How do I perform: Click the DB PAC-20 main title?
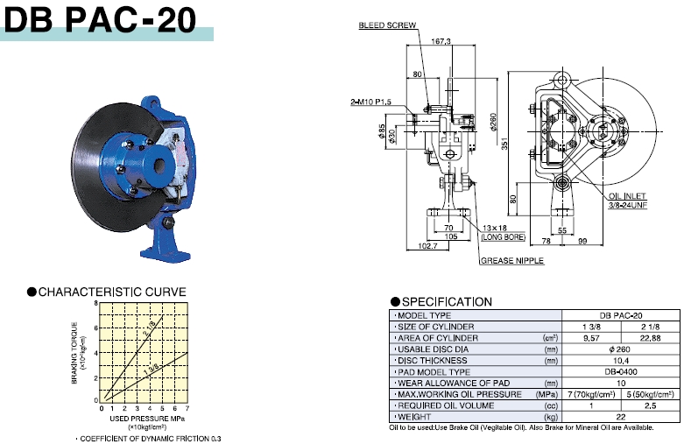[100, 19]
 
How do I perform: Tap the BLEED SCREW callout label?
[387, 25]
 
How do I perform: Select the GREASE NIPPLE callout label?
[512, 260]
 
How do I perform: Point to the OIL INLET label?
[628, 196]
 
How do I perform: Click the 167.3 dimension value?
[441, 41]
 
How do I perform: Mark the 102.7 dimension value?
[427, 246]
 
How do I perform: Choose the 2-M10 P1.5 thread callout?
[370, 102]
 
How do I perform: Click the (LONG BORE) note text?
[503, 237]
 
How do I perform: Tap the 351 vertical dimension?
[504, 144]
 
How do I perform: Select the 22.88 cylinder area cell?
[651, 338]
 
